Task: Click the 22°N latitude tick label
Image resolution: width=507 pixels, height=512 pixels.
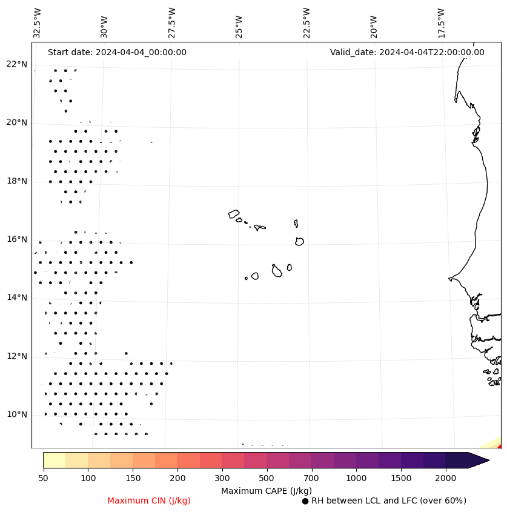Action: tap(17, 64)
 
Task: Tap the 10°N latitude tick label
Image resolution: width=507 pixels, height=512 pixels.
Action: tap(17, 414)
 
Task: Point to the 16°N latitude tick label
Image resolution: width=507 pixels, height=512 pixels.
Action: tap(17, 239)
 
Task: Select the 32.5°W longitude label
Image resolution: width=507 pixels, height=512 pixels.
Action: tap(38, 22)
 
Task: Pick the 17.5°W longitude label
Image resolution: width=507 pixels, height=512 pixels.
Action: tap(442, 22)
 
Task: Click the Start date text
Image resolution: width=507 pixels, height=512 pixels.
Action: tap(117, 52)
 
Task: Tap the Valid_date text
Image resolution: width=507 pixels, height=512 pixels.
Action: tap(407, 52)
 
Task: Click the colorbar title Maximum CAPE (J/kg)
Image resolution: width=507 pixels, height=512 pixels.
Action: tap(266, 491)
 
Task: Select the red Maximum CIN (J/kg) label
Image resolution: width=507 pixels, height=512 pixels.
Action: tap(149, 500)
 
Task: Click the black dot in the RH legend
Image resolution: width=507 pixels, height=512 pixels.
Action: tap(305, 501)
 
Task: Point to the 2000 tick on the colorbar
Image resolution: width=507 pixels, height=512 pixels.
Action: tap(446, 479)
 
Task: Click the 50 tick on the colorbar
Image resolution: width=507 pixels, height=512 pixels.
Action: tap(43, 479)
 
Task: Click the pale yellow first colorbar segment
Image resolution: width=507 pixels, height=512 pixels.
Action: tap(55, 460)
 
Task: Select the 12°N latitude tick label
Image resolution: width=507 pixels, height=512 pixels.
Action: tap(17, 356)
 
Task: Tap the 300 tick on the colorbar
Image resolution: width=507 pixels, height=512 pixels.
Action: tap(222, 479)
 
